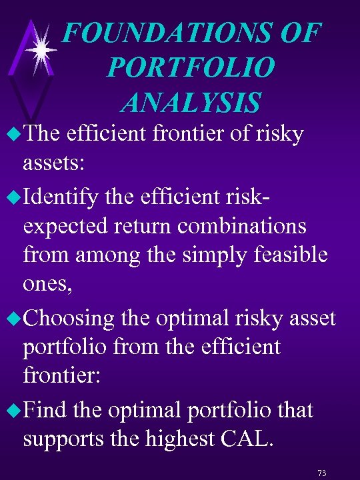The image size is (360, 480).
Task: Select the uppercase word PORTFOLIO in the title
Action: [190, 67]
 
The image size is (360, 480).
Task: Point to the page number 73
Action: [322, 473]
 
